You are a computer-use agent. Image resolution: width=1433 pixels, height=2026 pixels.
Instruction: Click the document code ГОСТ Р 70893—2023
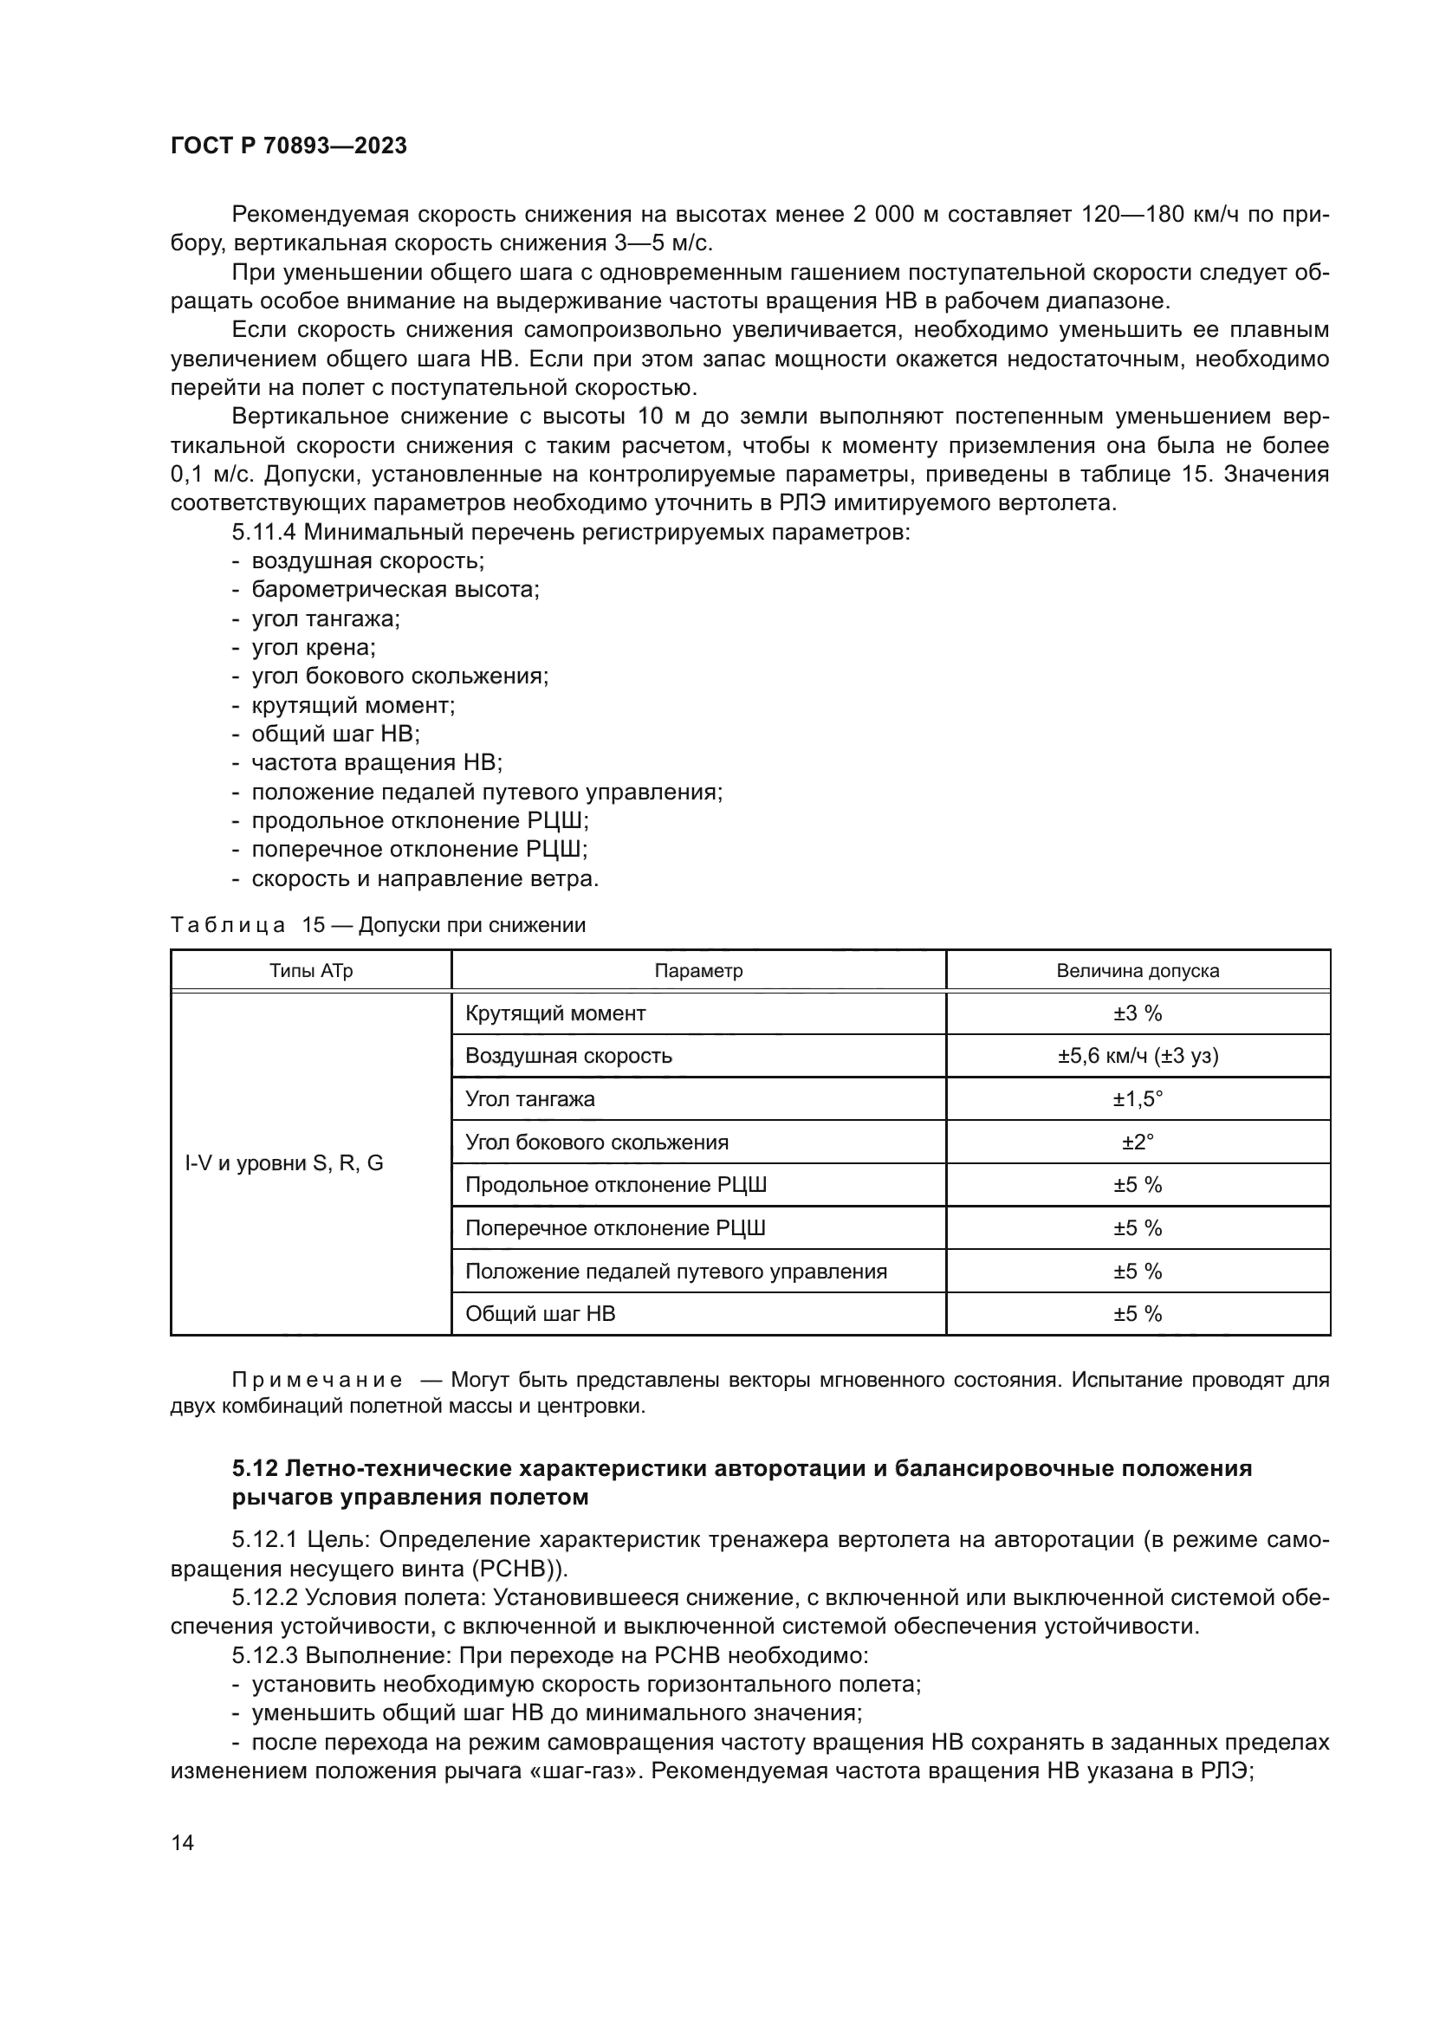click(289, 146)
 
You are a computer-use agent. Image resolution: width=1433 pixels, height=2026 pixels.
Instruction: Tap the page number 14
click(183, 1842)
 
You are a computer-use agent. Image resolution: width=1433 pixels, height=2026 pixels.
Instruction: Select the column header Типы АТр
click(311, 971)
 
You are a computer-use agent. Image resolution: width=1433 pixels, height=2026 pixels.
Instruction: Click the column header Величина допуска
click(1138, 971)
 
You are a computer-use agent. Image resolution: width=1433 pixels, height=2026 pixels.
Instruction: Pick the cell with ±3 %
click(1138, 1013)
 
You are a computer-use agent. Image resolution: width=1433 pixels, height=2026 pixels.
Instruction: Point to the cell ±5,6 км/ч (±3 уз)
click(1138, 1056)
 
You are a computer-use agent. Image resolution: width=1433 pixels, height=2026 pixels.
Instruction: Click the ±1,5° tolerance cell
click(1138, 1099)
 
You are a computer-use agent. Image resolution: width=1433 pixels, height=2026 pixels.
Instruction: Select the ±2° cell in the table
click(1138, 1142)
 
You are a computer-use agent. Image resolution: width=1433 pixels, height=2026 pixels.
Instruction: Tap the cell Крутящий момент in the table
click(555, 1013)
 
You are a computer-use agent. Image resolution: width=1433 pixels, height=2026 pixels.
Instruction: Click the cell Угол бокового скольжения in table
click(596, 1142)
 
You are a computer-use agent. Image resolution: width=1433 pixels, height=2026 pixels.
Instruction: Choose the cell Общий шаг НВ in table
click(540, 1314)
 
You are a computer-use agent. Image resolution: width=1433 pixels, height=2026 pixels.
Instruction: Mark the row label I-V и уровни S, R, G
click(284, 1163)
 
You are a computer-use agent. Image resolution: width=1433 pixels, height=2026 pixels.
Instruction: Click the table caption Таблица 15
click(247, 925)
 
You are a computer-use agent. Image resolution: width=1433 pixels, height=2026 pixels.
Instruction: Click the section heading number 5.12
click(255, 1469)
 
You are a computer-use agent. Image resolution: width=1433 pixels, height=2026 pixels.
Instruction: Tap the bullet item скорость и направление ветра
click(425, 879)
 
